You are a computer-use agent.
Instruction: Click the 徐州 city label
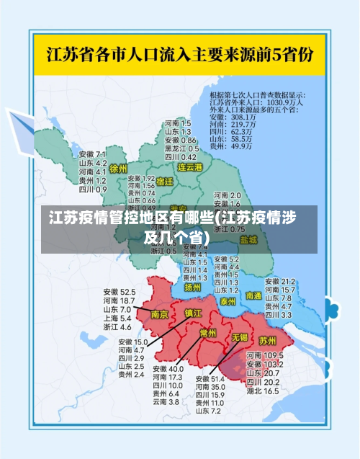click(117, 169)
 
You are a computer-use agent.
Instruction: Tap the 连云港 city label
click(191, 166)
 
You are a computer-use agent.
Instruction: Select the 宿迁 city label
click(165, 182)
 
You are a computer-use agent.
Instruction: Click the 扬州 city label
click(192, 287)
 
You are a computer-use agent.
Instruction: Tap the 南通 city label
click(274, 295)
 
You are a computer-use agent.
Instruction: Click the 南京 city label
click(159, 314)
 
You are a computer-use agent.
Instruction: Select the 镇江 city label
click(193, 313)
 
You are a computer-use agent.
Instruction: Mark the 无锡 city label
click(240, 337)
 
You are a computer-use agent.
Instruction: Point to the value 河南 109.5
click(263, 356)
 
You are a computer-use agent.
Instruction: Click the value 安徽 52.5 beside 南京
click(120, 292)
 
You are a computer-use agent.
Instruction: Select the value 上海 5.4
click(117, 318)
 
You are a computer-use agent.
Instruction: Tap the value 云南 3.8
click(165, 402)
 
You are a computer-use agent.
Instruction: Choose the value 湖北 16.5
click(262, 391)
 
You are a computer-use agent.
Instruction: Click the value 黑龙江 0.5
click(180, 148)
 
